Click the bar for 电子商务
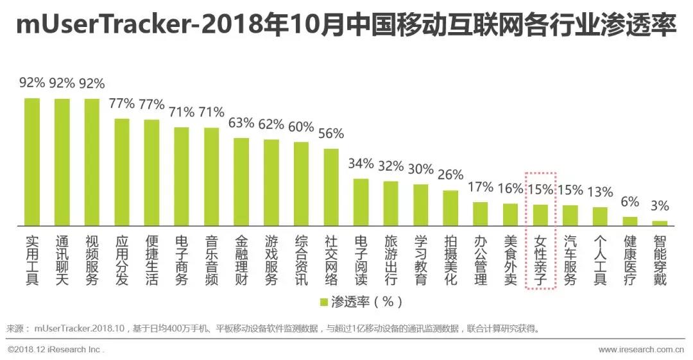[182, 176]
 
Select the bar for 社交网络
[331, 187]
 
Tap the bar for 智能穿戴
[660, 223]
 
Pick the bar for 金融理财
[241, 182]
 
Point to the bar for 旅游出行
[391, 203]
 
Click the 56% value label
[331, 133]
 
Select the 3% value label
[660, 206]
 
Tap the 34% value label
[361, 163]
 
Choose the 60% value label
[301, 126]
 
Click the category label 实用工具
[32, 261]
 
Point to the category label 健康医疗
[630, 261]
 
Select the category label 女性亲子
[540, 261]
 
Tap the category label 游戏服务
[271, 261]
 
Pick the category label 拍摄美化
[450, 261]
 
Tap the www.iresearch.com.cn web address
[640, 350]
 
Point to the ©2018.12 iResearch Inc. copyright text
[56, 350]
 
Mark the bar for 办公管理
[481, 214]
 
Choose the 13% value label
[600, 192]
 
